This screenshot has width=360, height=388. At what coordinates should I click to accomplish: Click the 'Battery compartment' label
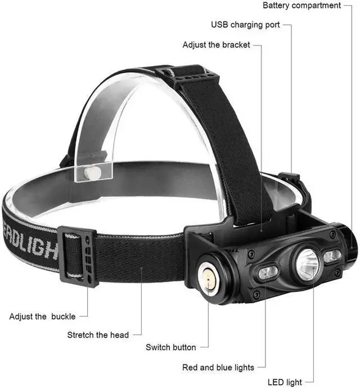309,6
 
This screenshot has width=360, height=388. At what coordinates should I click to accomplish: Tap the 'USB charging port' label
245,25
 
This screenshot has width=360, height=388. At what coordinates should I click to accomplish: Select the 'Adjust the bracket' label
217,45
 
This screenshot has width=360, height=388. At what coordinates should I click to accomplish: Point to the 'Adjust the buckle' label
42,316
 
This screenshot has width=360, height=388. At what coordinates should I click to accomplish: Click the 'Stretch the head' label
98,335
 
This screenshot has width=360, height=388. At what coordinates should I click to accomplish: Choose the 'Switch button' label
171,347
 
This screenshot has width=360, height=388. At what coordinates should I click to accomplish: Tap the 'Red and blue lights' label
218,368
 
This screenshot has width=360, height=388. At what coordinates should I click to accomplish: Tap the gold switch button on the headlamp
209,277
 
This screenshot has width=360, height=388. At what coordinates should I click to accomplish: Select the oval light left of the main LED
269,273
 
